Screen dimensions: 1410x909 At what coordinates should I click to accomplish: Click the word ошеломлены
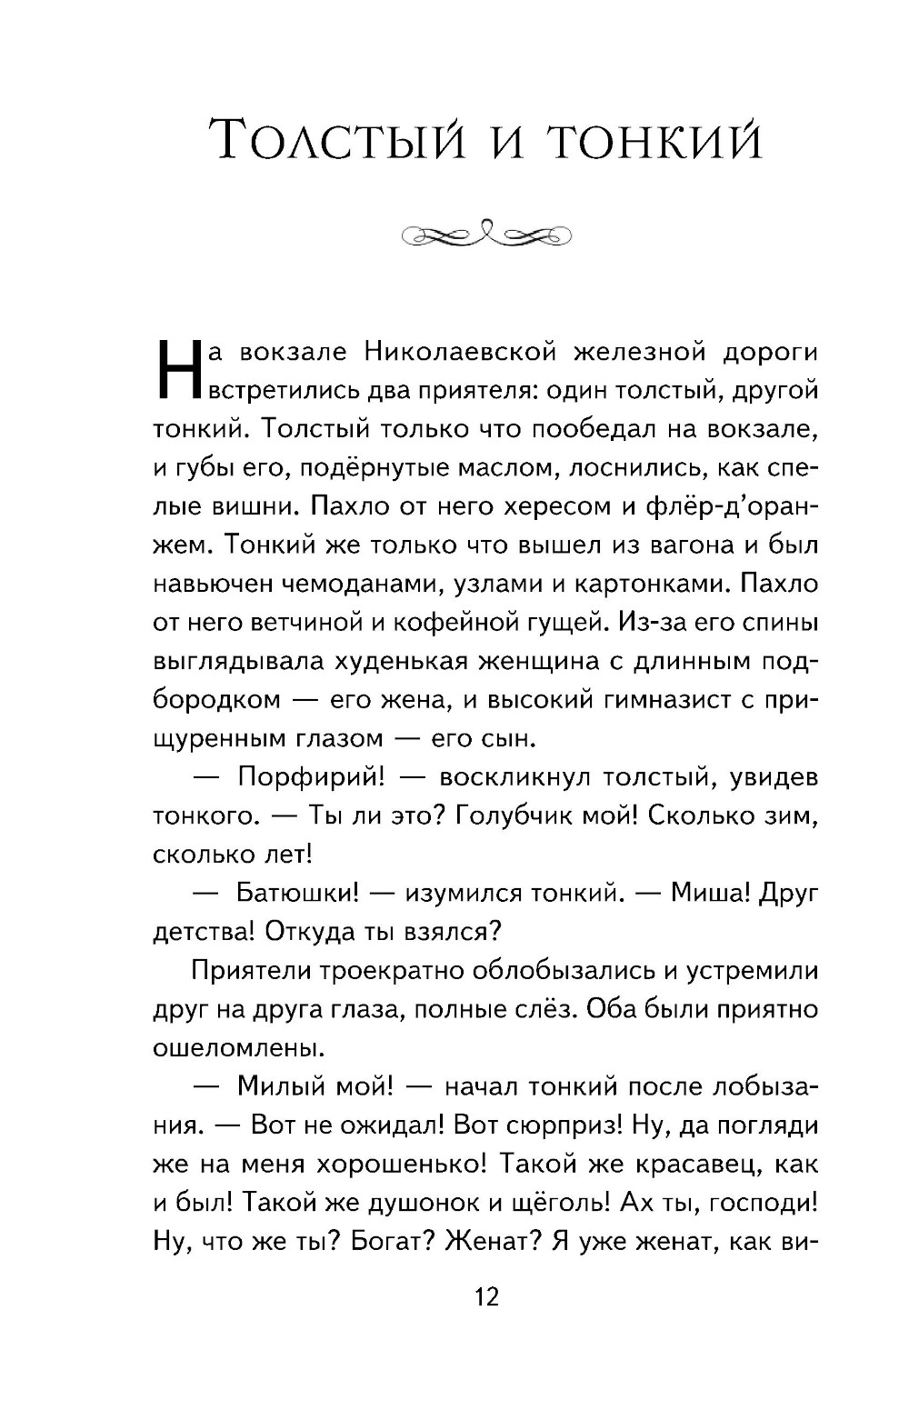[227, 1048]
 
